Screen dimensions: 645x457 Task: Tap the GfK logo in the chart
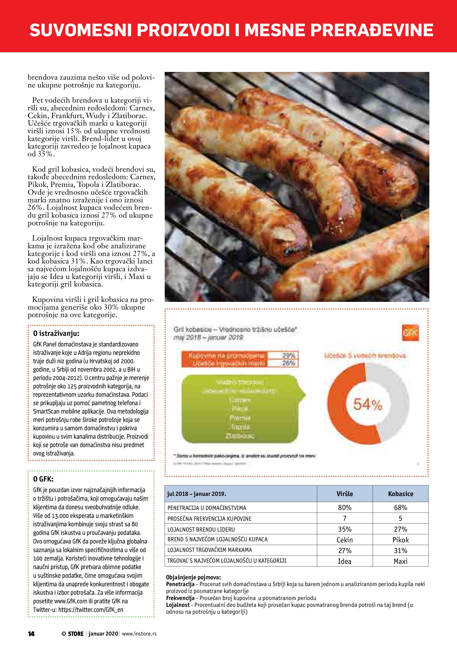coord(411,333)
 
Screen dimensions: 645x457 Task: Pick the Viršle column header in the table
coord(344,494)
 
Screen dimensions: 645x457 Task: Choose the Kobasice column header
coord(400,494)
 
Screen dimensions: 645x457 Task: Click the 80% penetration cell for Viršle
coord(344,508)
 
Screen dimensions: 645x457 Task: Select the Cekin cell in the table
coord(344,540)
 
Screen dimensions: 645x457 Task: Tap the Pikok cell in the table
coord(400,540)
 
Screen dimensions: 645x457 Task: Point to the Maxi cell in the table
coord(400,561)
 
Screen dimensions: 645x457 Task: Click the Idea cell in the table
coord(344,561)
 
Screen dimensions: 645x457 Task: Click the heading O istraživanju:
coord(56,333)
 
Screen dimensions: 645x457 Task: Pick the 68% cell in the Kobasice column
coord(400,508)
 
